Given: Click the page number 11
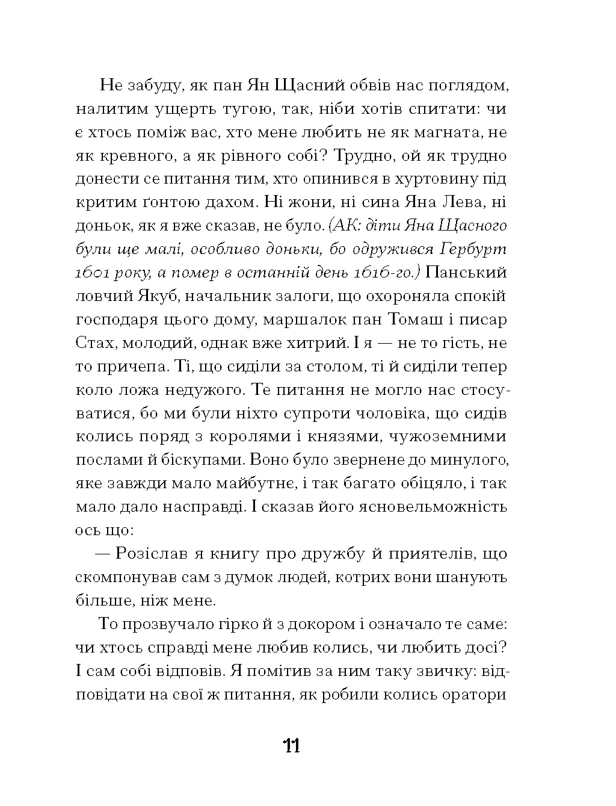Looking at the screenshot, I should click(x=291, y=746).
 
